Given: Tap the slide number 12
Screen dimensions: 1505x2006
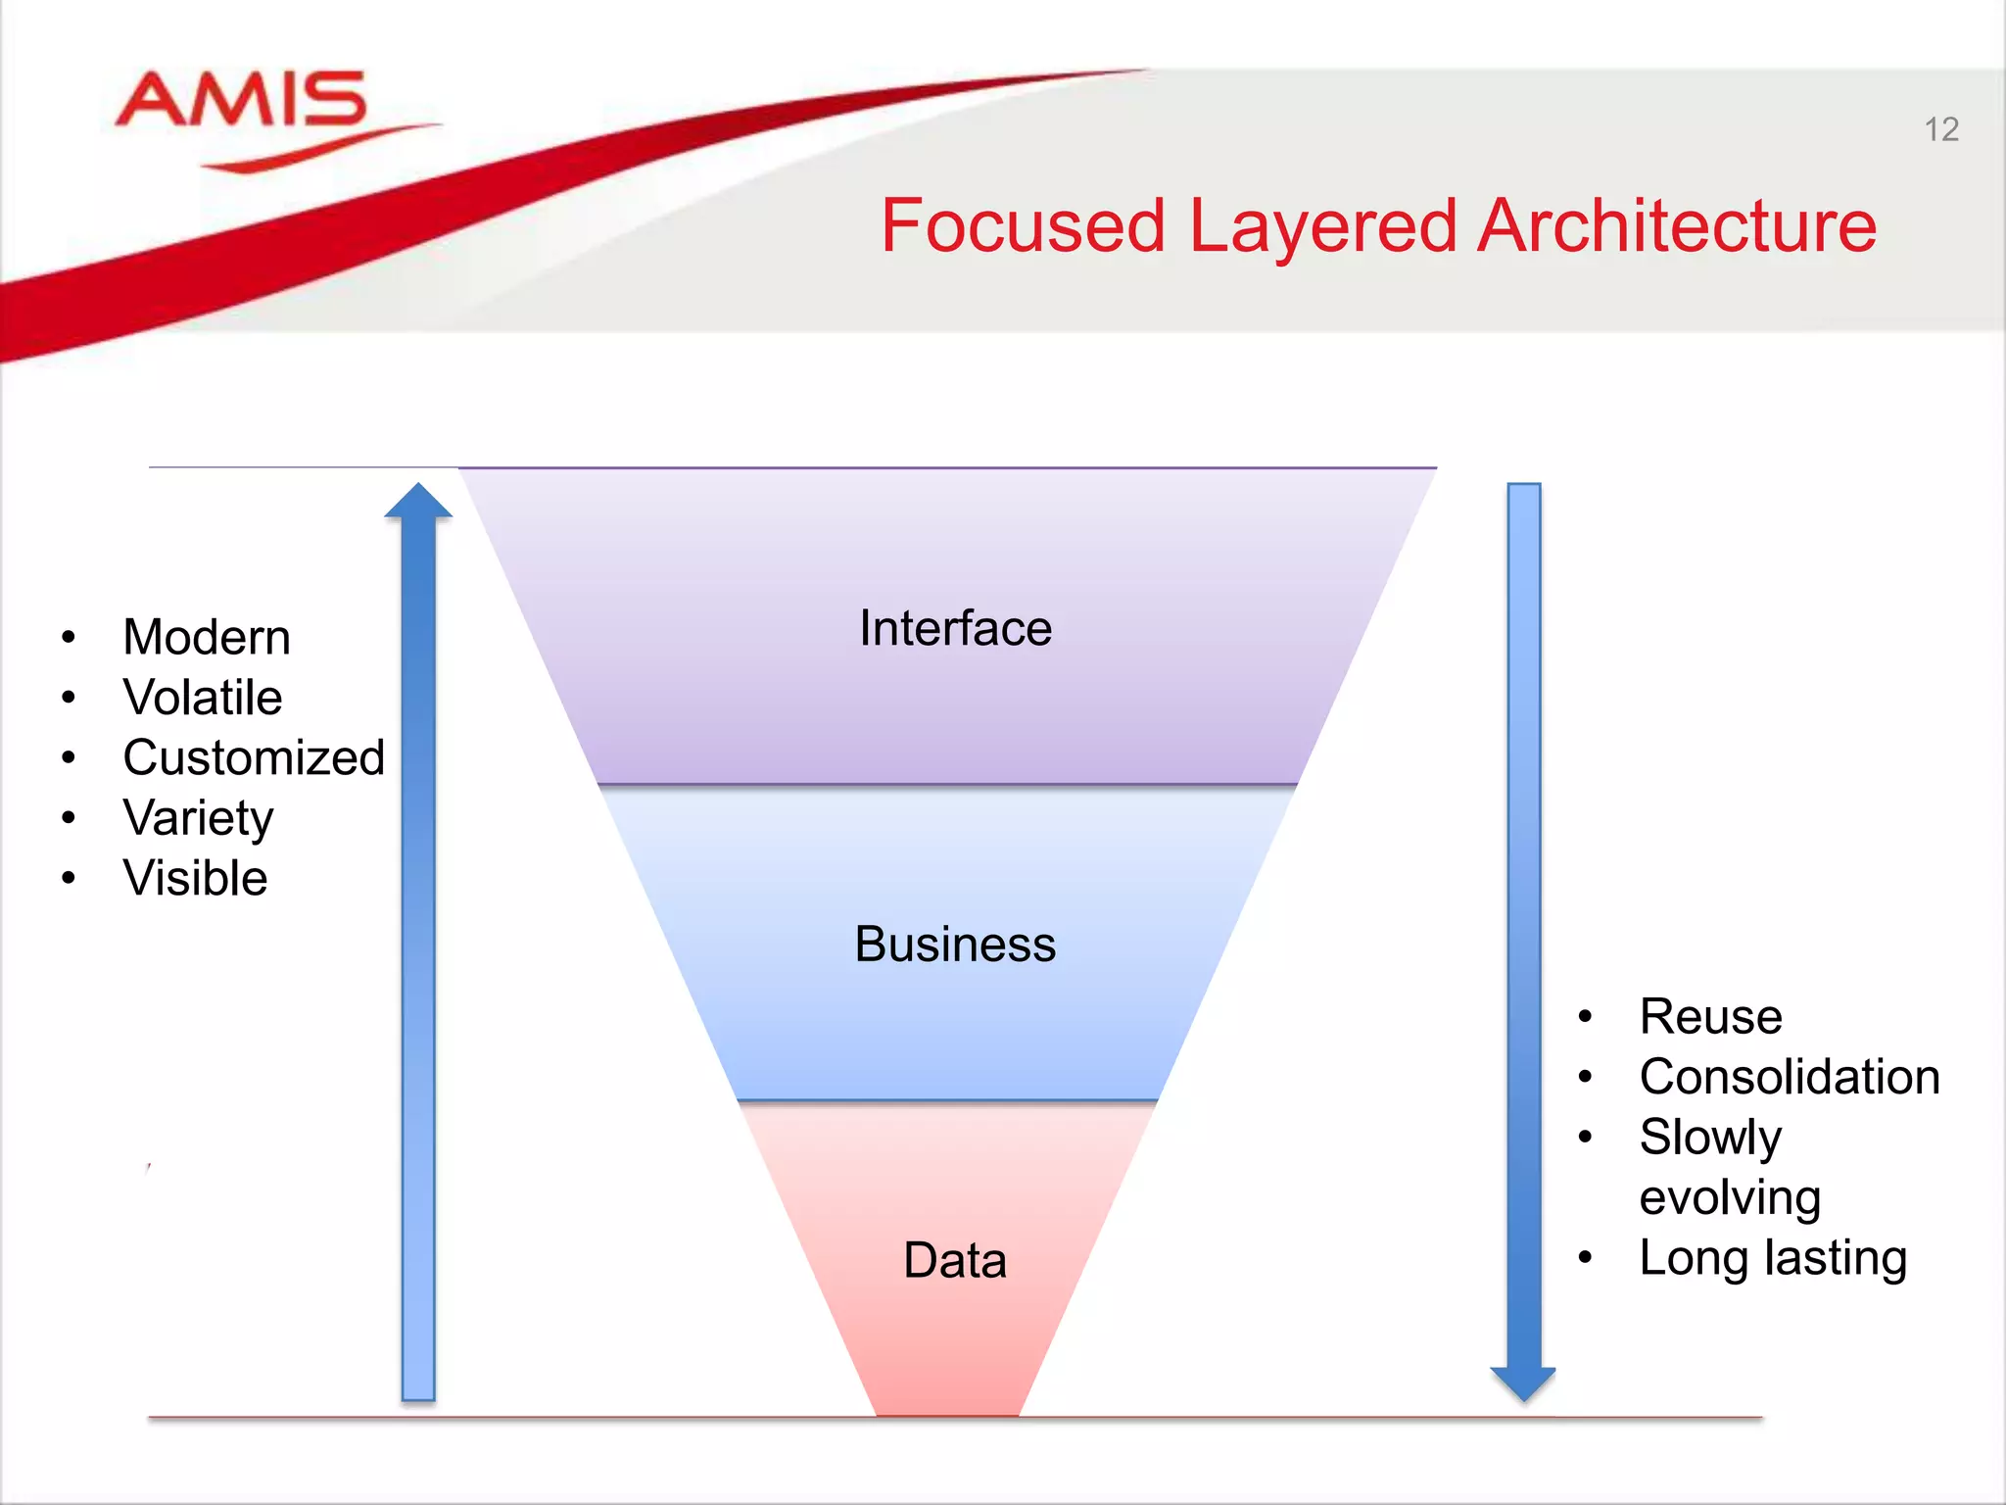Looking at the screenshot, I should pos(1940,129).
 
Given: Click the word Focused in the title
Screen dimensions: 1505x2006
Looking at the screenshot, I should pos(1022,226).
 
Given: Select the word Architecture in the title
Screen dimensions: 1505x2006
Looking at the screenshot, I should pos(1676,226).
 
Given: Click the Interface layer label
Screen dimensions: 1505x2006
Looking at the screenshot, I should pos(955,628).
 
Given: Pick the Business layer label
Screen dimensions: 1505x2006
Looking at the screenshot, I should pos(955,945).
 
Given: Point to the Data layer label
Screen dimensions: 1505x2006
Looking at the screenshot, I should pos(955,1260).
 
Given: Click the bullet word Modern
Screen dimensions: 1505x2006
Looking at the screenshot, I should pos(207,638).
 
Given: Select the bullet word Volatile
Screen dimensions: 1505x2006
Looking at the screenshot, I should pos(203,698).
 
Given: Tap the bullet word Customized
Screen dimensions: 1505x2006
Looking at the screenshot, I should pos(254,757).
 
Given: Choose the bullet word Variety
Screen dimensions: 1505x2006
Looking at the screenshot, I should pos(198,818).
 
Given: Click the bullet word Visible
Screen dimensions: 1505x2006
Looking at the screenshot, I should pos(195,878).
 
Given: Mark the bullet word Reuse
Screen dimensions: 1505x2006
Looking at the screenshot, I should pos(1710,1016).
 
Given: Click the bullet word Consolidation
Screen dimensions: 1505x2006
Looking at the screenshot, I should pos(1790,1077).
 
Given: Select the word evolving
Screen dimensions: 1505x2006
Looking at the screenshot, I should pos(1730,1197).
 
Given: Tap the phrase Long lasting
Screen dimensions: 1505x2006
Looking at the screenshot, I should pos(1773,1258).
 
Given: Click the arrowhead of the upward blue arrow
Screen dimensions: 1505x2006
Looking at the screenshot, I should pos(418,502).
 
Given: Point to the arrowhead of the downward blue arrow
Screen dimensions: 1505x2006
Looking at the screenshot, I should pos(1523,1383).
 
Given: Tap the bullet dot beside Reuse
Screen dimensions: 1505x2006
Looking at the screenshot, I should pos(1585,1017).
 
